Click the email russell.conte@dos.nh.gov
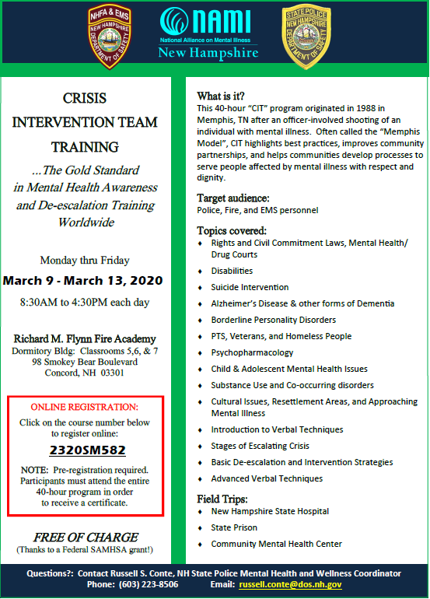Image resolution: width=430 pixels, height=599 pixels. pyautogui.click(x=289, y=584)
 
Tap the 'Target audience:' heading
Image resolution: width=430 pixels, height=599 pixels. pyautogui.click(x=233, y=198)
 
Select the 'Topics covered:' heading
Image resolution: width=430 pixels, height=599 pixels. pyautogui.click(x=232, y=231)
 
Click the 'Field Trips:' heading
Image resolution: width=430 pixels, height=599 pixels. pyautogui.click(x=222, y=499)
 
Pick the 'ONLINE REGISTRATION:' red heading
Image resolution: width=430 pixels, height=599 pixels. pyautogui.click(x=85, y=407)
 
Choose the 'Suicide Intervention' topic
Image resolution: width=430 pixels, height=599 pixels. pyautogui.click(x=250, y=287)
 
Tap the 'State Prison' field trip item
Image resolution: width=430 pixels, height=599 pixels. pyautogui.click(x=233, y=527)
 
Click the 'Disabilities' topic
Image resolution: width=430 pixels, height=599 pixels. pyautogui.click(x=232, y=271)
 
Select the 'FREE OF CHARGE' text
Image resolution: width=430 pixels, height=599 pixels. pyautogui.click(x=86, y=538)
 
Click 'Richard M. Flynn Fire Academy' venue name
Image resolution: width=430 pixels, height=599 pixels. pyautogui.click(x=85, y=338)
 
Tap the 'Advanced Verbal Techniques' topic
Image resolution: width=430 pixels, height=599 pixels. pyautogui.click(x=267, y=478)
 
